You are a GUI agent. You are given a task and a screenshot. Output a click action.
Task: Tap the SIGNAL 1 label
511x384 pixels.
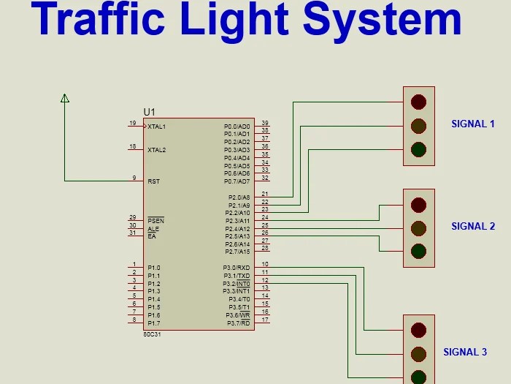point(472,124)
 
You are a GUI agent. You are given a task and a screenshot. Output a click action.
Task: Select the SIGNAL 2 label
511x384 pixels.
point(472,226)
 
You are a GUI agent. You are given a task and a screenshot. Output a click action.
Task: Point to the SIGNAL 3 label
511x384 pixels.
point(465,352)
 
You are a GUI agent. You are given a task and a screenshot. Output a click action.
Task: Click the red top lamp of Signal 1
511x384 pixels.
point(418,101)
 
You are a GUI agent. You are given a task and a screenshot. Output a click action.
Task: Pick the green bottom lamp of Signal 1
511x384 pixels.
point(418,149)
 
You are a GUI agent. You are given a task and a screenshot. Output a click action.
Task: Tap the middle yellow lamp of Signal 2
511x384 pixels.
point(418,227)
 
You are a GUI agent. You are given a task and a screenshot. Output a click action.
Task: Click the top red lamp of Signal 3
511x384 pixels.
point(418,329)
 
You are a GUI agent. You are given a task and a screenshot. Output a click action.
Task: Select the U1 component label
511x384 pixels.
point(149,112)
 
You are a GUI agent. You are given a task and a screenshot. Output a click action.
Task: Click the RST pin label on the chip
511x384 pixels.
point(153,181)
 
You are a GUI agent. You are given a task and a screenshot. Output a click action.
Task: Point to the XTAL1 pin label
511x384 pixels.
point(157,127)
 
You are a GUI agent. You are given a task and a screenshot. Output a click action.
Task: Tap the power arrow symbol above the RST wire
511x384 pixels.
point(65,98)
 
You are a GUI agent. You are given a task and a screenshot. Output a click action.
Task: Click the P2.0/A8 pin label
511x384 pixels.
point(239,197)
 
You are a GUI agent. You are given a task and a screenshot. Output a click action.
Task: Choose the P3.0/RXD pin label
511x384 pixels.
point(237,268)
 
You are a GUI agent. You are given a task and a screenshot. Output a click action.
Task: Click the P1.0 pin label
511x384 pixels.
point(153,268)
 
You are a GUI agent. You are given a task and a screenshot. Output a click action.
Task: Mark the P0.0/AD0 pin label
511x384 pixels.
point(237,127)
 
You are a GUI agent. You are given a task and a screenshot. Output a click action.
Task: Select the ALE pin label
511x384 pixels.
point(153,229)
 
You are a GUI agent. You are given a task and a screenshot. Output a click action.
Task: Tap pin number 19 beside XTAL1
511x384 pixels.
point(132,123)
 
